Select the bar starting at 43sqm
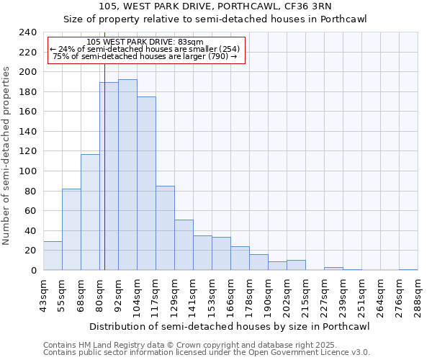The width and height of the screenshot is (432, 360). coord(53,256)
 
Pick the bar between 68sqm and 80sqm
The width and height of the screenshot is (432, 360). coord(90,212)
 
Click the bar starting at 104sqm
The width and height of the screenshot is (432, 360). coord(146,184)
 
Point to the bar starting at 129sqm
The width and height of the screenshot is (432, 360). coord(184,245)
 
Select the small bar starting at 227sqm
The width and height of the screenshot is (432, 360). coord(333,269)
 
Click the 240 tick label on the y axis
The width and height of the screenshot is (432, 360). coord(27,32)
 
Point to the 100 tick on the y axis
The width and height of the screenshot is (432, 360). coord(27,171)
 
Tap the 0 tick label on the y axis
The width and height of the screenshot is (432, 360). coord(33,270)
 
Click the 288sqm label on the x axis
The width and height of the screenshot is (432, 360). coord(418,295)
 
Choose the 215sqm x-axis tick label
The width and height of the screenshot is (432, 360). coord(306,295)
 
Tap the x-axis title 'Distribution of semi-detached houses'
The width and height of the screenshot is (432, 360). coord(230,327)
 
